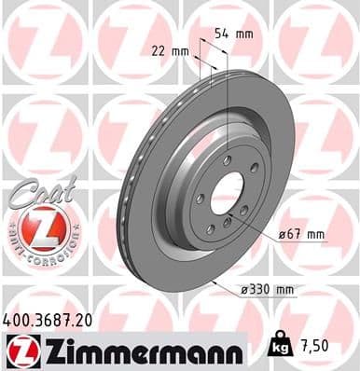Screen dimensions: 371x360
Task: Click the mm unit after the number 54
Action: click(x=244, y=34)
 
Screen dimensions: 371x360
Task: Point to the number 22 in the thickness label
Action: click(x=156, y=51)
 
